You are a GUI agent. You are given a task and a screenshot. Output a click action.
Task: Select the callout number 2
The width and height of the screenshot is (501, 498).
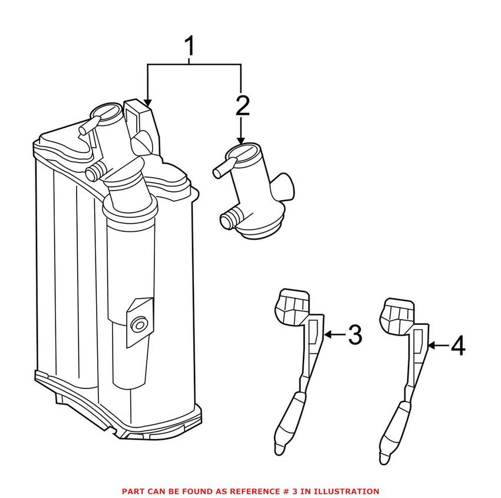pos(242,105)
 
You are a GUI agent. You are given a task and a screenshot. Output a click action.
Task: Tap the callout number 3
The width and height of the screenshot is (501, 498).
pos(354,335)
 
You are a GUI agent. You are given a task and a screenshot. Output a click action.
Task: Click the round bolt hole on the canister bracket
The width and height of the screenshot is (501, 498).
pos(140,324)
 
